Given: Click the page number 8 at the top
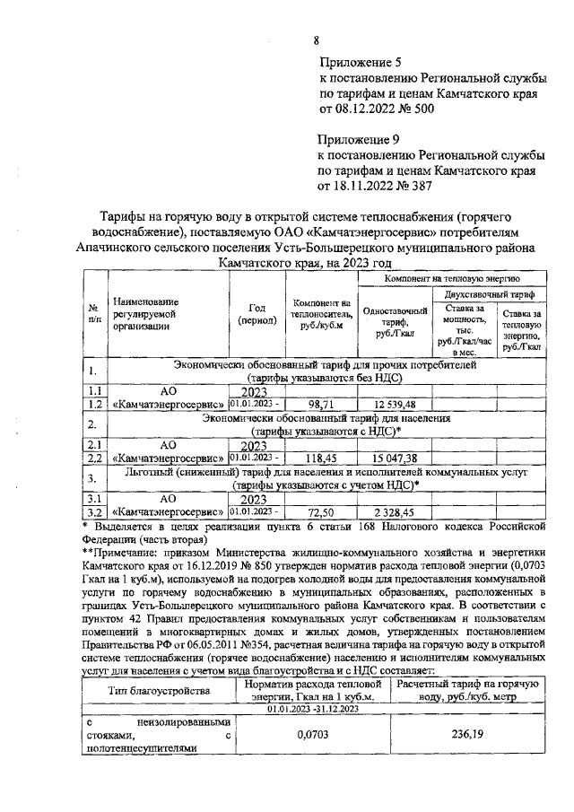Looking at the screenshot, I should click(316, 39).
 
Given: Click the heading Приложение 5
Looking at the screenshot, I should click(360, 63).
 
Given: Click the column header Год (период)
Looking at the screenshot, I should click(255, 315).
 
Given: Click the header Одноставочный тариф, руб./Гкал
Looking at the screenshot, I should click(394, 323).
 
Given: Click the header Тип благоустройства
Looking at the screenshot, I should click(159, 690).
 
